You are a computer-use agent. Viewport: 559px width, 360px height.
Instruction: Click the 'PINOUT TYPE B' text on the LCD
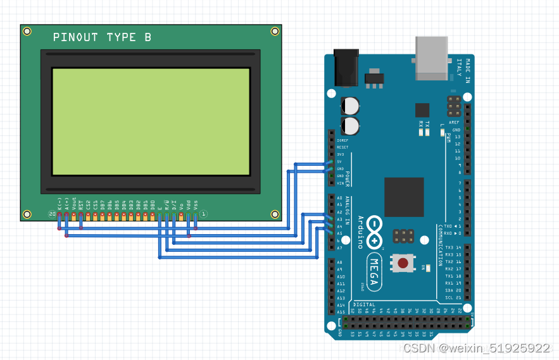tap(102, 37)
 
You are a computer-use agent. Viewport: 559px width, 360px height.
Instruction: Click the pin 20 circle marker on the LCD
tap(52, 214)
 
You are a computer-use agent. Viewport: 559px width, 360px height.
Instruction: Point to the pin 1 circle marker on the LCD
tap(203, 214)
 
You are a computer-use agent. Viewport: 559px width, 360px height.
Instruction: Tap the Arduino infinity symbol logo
tap(375, 232)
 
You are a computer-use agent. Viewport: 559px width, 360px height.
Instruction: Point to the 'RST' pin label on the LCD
tap(81, 204)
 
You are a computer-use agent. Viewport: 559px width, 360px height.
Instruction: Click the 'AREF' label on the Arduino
tap(454, 122)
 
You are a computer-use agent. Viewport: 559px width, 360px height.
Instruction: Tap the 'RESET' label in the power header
tap(342, 147)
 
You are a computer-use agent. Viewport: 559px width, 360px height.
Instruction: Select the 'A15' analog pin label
tap(341, 312)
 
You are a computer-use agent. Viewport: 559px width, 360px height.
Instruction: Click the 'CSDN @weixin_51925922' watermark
tap(476, 349)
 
